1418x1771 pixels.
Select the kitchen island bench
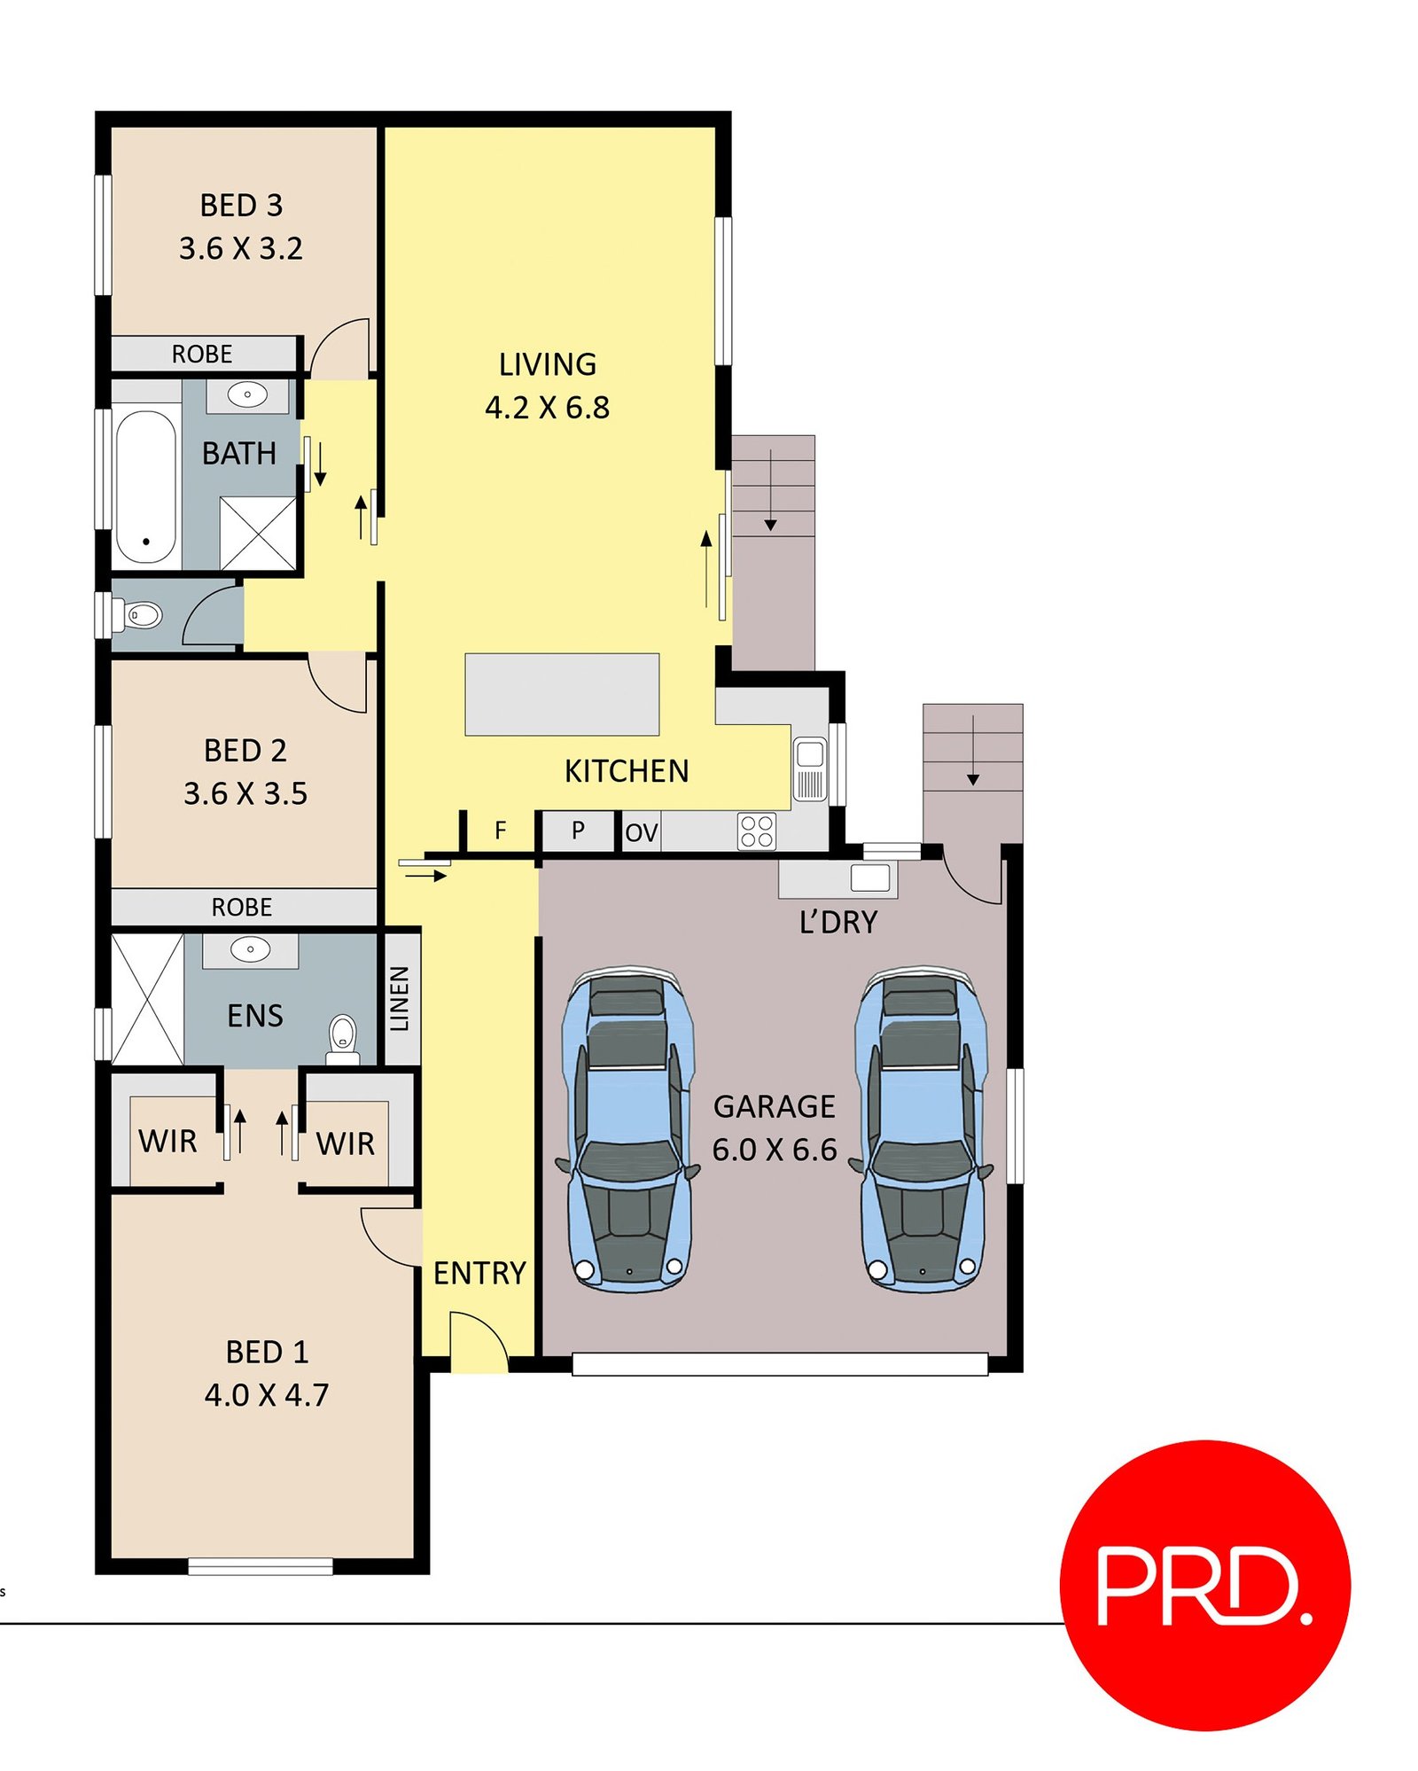pos(562,694)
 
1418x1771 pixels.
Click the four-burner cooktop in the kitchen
pos(756,831)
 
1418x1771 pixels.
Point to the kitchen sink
pos(809,768)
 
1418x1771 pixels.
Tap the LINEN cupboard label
pos(400,998)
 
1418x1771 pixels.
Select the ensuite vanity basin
pos(250,949)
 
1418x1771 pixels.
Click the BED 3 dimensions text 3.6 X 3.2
pos(241,248)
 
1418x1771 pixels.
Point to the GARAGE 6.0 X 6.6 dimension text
pos(775,1149)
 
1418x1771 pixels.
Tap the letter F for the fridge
pos(500,831)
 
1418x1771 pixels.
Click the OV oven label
pos(641,832)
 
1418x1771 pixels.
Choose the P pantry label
pos(578,831)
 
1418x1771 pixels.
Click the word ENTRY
pos(479,1273)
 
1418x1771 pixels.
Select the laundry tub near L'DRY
pos(869,878)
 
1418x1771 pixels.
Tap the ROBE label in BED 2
pos(241,907)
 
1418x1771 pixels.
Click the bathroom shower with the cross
pos(257,533)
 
